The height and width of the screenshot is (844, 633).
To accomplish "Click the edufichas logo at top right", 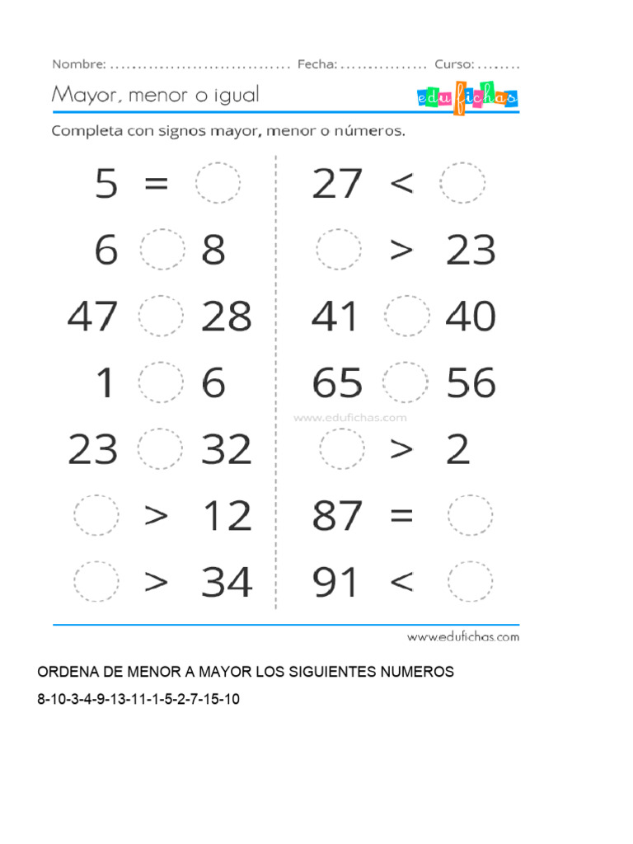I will pyautogui.click(x=467, y=98).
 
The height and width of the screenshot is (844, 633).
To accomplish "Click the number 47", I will pyautogui.click(x=92, y=317).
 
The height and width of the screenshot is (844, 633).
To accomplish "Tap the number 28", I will pyautogui.click(x=226, y=317).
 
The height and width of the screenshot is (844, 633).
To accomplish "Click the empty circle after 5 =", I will pyautogui.click(x=218, y=183).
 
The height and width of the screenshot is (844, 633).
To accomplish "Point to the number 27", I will pyautogui.click(x=336, y=183).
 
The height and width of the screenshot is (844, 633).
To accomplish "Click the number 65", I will pyautogui.click(x=337, y=383).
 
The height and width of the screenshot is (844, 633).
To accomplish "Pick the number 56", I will pyautogui.click(x=471, y=383).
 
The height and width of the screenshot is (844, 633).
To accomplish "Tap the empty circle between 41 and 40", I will pyautogui.click(x=406, y=316).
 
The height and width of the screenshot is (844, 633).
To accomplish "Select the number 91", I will pyautogui.click(x=336, y=583).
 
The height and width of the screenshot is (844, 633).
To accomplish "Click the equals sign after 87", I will pyautogui.click(x=400, y=517).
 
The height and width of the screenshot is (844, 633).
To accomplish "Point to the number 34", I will pyautogui.click(x=226, y=583).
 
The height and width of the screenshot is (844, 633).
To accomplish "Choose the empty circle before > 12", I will pyautogui.click(x=96, y=516).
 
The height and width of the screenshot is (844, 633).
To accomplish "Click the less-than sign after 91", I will pyautogui.click(x=401, y=583).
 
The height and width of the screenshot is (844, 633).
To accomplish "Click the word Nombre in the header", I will pyautogui.click(x=78, y=64).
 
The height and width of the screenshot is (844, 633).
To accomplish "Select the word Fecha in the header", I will pyautogui.click(x=316, y=64).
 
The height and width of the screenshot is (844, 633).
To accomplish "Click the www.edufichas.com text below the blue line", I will pyautogui.click(x=463, y=636).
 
